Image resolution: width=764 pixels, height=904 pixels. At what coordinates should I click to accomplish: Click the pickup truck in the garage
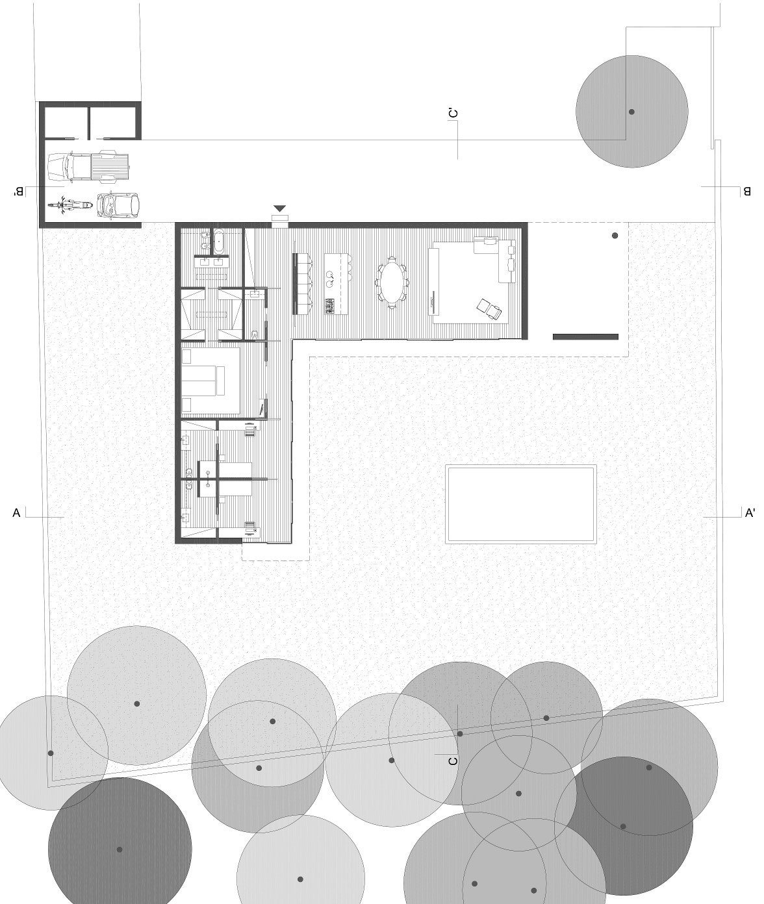pyautogui.click(x=89, y=167)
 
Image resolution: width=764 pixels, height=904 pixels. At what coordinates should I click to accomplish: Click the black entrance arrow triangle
pyautogui.click(x=280, y=208)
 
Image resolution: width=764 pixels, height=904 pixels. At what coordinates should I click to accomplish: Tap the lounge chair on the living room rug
pyautogui.click(x=490, y=310)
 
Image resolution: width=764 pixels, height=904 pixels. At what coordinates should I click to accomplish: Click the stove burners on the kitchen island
pyautogui.click(x=329, y=305)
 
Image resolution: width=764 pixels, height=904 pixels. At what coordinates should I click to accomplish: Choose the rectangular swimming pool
pyautogui.click(x=520, y=504)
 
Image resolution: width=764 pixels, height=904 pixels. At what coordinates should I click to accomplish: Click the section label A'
pyautogui.click(x=750, y=514)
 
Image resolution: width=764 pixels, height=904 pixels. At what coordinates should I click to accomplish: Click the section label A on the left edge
pyautogui.click(x=17, y=514)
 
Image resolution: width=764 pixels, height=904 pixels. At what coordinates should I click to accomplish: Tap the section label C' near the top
pyautogui.click(x=453, y=114)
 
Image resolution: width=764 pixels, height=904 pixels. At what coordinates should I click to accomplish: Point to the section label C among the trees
pyautogui.click(x=453, y=760)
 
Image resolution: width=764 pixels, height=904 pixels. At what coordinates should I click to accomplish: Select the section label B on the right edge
pyautogui.click(x=747, y=192)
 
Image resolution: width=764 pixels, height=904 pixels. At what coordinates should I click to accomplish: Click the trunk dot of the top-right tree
pyautogui.click(x=631, y=112)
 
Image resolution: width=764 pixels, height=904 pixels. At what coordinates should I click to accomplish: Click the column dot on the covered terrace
pyautogui.click(x=615, y=236)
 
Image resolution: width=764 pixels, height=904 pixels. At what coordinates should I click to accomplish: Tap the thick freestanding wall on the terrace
pyautogui.click(x=585, y=336)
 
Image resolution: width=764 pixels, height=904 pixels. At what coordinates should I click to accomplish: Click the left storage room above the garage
pyautogui.click(x=65, y=122)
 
